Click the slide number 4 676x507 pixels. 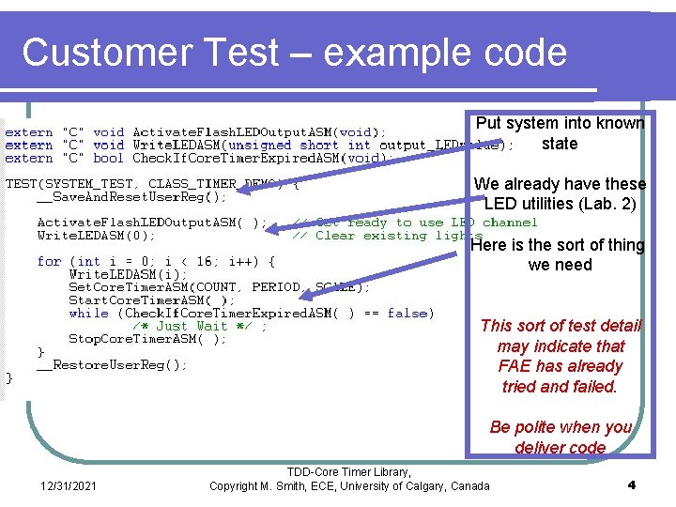[x=631, y=484]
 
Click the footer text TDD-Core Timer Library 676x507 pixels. [x=348, y=471]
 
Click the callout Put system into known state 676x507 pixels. [x=560, y=133]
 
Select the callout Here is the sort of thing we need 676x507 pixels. [x=558, y=254]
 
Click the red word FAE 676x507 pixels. [x=515, y=366]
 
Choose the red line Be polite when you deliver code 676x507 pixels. [x=561, y=437]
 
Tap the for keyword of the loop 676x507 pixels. [x=49, y=261]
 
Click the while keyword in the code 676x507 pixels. [x=88, y=313]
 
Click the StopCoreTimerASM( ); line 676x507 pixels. [x=147, y=339]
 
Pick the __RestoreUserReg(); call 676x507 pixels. [x=112, y=364]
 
